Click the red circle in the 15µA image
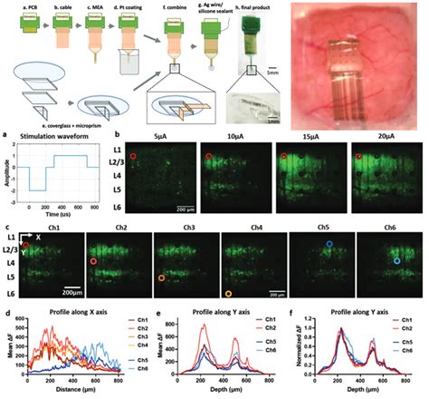[282, 157]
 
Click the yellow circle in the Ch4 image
[228, 295]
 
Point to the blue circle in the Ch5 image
[329, 245]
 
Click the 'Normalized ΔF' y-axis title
[291, 350]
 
